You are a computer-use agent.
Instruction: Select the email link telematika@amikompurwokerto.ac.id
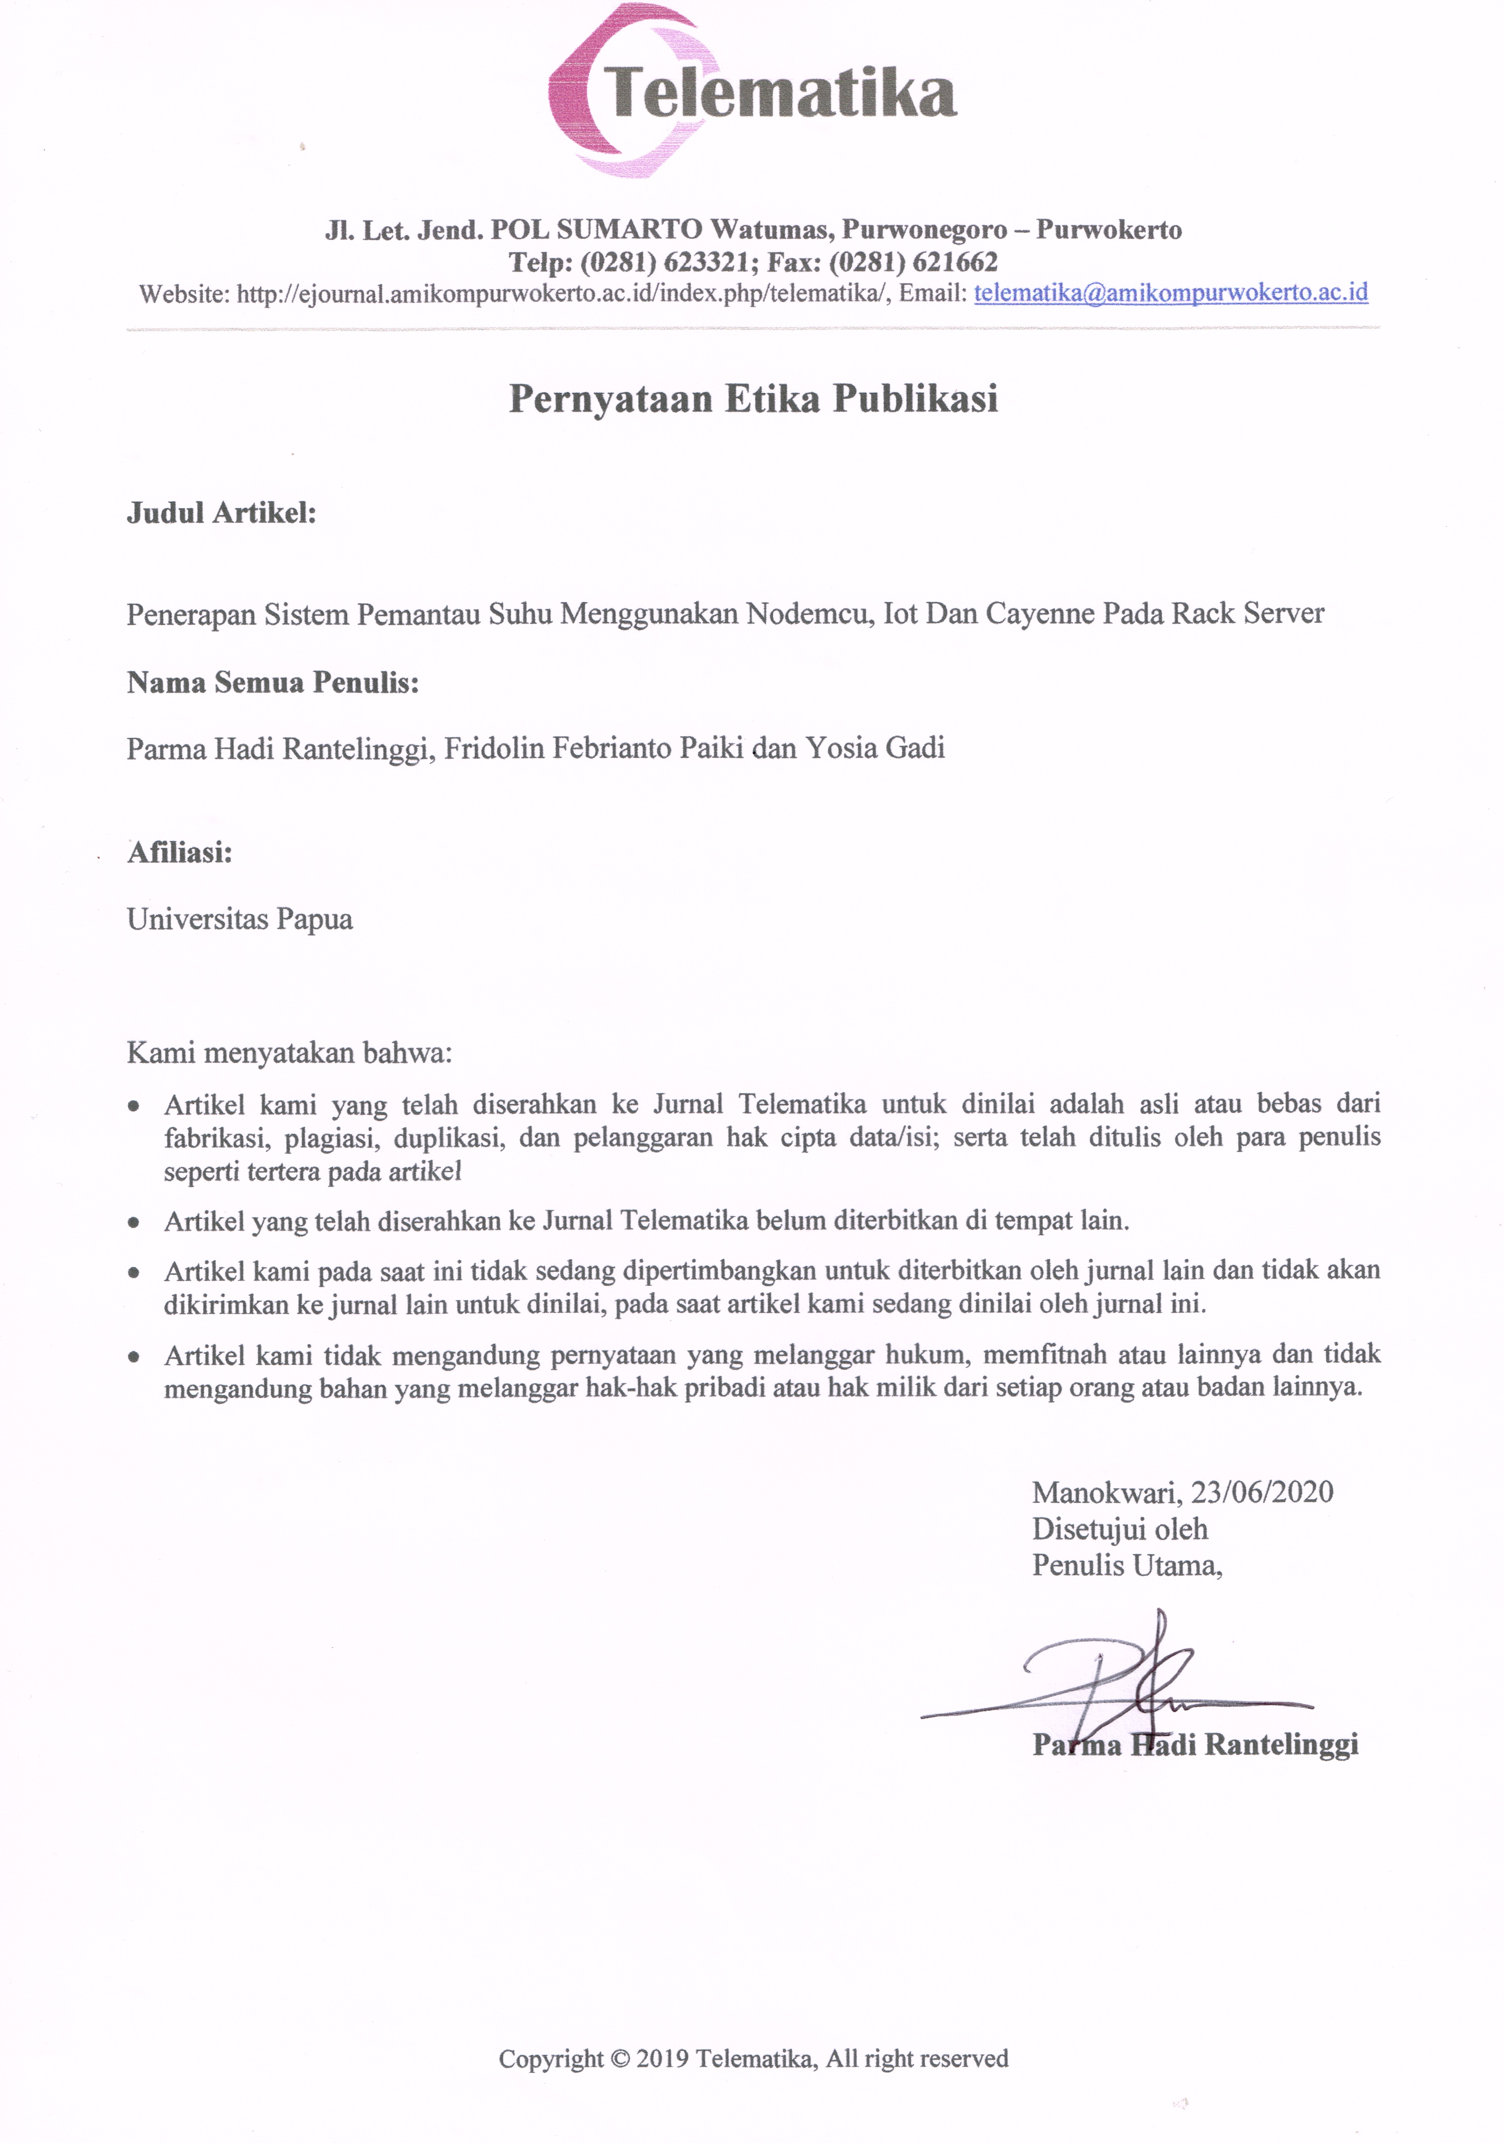[x=1170, y=293]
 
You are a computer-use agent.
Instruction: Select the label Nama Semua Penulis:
[x=273, y=683]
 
